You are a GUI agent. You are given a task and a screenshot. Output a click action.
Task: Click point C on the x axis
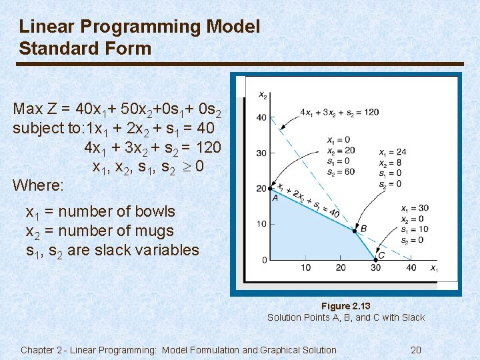[375, 260]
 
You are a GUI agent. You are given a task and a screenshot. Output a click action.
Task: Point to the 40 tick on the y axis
[261, 118]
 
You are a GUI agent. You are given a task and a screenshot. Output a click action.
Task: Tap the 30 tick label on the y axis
[261, 153]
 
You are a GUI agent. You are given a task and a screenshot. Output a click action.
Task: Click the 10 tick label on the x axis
[305, 268]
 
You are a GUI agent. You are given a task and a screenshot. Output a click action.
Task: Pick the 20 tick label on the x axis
[341, 268]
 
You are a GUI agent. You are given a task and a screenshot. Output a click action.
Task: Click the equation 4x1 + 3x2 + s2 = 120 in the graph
[339, 112]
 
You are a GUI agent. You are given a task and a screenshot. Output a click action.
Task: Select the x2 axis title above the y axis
[263, 95]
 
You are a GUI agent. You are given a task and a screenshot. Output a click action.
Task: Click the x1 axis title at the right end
[434, 269]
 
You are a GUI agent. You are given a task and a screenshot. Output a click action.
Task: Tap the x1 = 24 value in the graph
[392, 152]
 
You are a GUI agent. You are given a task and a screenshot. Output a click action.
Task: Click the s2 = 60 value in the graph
[341, 171]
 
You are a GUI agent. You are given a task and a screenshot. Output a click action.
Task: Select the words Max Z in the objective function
[36, 109]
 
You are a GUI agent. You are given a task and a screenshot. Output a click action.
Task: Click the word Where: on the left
[39, 184]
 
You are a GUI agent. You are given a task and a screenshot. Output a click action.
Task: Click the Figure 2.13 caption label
[345, 306]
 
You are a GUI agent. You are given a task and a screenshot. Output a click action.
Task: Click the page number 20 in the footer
[416, 350]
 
